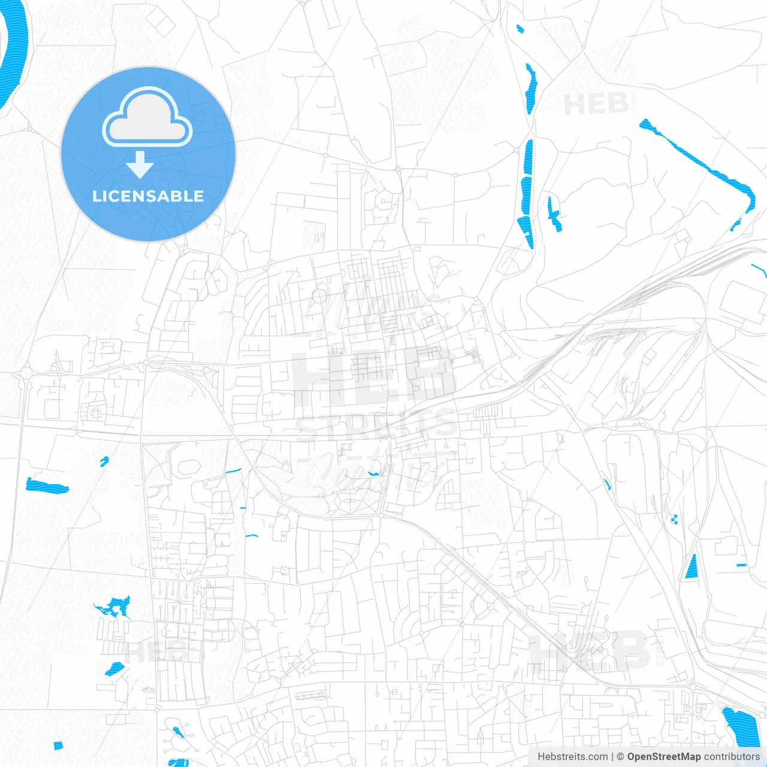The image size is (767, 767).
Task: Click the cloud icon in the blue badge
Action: (147, 117)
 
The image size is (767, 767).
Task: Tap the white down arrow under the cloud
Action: (140, 165)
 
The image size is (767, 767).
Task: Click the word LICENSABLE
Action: (148, 196)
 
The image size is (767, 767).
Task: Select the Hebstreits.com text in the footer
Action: (572, 757)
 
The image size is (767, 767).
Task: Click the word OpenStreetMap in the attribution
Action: (663, 757)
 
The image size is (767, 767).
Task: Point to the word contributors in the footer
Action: (732, 757)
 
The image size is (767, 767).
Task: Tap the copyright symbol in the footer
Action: (620, 757)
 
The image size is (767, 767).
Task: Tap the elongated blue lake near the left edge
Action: (47, 486)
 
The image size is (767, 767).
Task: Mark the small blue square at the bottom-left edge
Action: (58, 745)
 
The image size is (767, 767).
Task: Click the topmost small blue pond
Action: (520, 28)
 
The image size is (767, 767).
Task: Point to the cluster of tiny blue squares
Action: (674, 519)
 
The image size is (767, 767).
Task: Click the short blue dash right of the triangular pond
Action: (741, 565)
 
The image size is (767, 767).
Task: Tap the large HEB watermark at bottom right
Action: (590, 650)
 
